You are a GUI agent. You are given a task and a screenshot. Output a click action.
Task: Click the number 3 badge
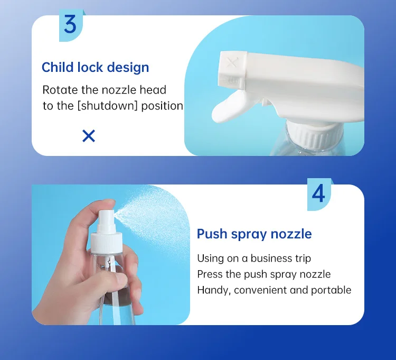[x=70, y=25]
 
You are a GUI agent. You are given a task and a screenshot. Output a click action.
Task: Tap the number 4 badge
[x=318, y=194]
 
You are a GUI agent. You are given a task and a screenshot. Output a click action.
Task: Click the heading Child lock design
[x=95, y=68]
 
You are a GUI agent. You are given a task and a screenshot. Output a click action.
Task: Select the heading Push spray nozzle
[x=254, y=234]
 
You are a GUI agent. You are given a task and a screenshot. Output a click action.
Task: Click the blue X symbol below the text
[x=89, y=136]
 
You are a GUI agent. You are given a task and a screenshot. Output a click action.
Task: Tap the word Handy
[x=213, y=290]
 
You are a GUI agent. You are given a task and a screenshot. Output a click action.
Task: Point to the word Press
[x=210, y=274]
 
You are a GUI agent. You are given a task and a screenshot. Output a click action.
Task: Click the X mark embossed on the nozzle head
[x=231, y=63]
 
